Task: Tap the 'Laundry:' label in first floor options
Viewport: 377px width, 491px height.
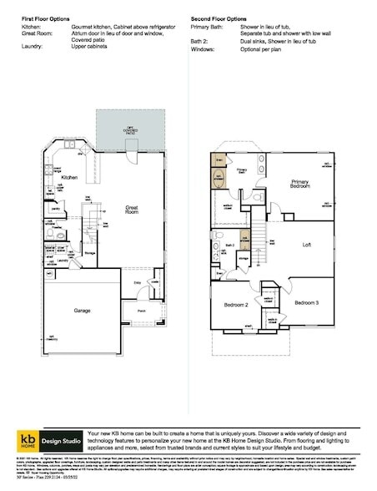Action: click(x=33, y=47)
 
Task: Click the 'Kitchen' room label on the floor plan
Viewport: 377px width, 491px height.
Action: click(x=69, y=178)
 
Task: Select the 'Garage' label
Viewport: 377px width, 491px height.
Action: click(x=82, y=309)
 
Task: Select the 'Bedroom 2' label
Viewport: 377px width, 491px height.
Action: click(x=236, y=306)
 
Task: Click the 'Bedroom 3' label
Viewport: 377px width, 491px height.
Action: click(x=305, y=301)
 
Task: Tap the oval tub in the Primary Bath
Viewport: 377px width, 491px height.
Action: click(x=218, y=178)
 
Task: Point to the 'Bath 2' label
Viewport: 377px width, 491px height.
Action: click(x=228, y=245)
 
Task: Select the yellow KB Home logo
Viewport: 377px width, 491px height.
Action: click(x=28, y=439)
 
